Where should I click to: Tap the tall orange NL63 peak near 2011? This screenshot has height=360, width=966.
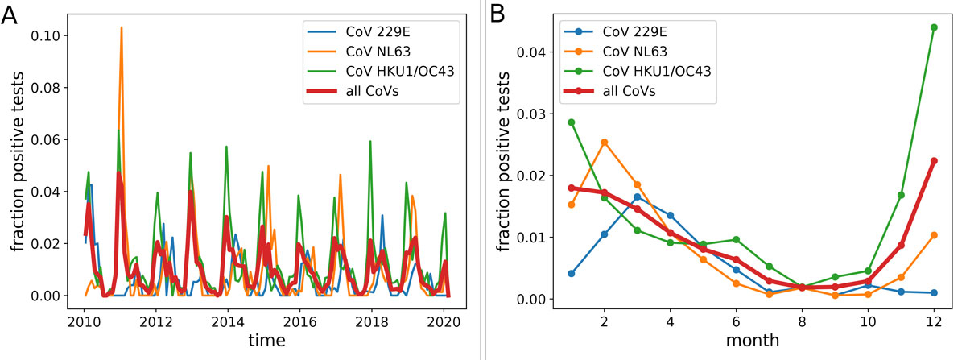pos(122,27)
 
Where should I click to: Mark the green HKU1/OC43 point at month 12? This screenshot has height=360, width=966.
pos(934,27)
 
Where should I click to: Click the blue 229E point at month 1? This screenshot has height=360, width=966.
pos(572,273)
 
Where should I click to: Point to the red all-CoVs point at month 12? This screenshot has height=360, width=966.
pos(934,160)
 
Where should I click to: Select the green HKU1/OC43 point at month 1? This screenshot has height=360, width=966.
pos(572,122)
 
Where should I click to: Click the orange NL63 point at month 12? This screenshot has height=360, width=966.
pos(934,234)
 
